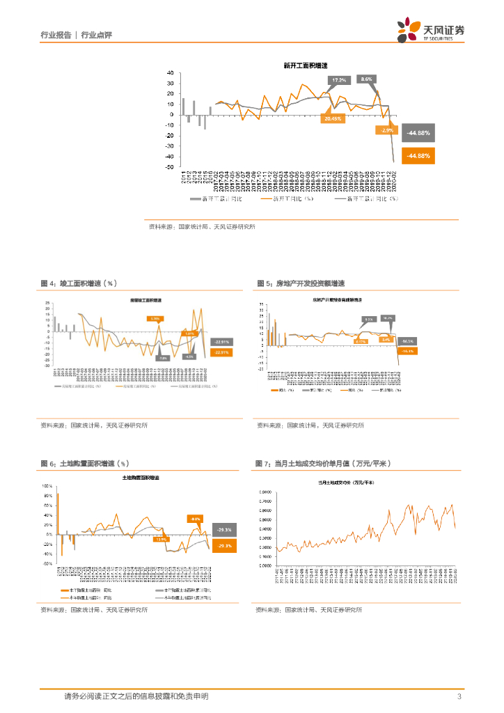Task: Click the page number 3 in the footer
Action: [459, 696]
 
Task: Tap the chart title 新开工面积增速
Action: [301, 66]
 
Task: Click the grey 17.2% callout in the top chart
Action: [338, 81]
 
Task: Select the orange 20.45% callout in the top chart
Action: [332, 119]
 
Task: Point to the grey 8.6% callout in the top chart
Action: [367, 79]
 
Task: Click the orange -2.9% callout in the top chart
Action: [386, 130]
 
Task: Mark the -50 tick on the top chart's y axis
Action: [170, 167]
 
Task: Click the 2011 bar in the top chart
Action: [184, 106]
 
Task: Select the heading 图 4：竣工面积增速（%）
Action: [79, 284]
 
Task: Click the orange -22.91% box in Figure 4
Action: [222, 352]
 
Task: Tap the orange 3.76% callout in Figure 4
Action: [155, 318]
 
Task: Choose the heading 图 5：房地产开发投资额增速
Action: [301, 284]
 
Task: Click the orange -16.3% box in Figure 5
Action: [407, 351]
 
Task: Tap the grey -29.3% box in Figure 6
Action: [224, 530]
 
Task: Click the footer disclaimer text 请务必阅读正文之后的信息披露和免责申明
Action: [136, 696]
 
